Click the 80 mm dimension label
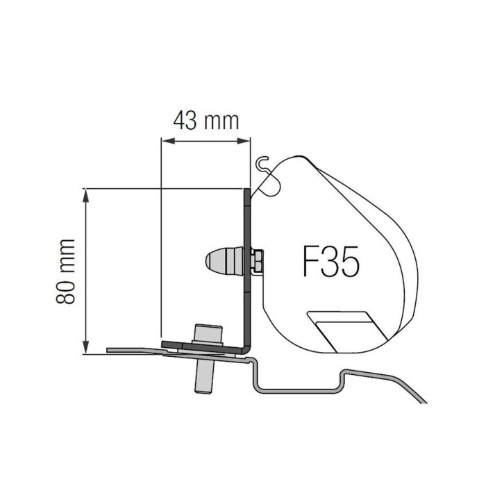tap(67, 271)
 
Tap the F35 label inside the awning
tap(330, 264)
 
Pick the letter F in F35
tap(310, 264)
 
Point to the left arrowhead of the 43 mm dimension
tap(165, 140)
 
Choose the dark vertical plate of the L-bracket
tap(246, 264)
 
